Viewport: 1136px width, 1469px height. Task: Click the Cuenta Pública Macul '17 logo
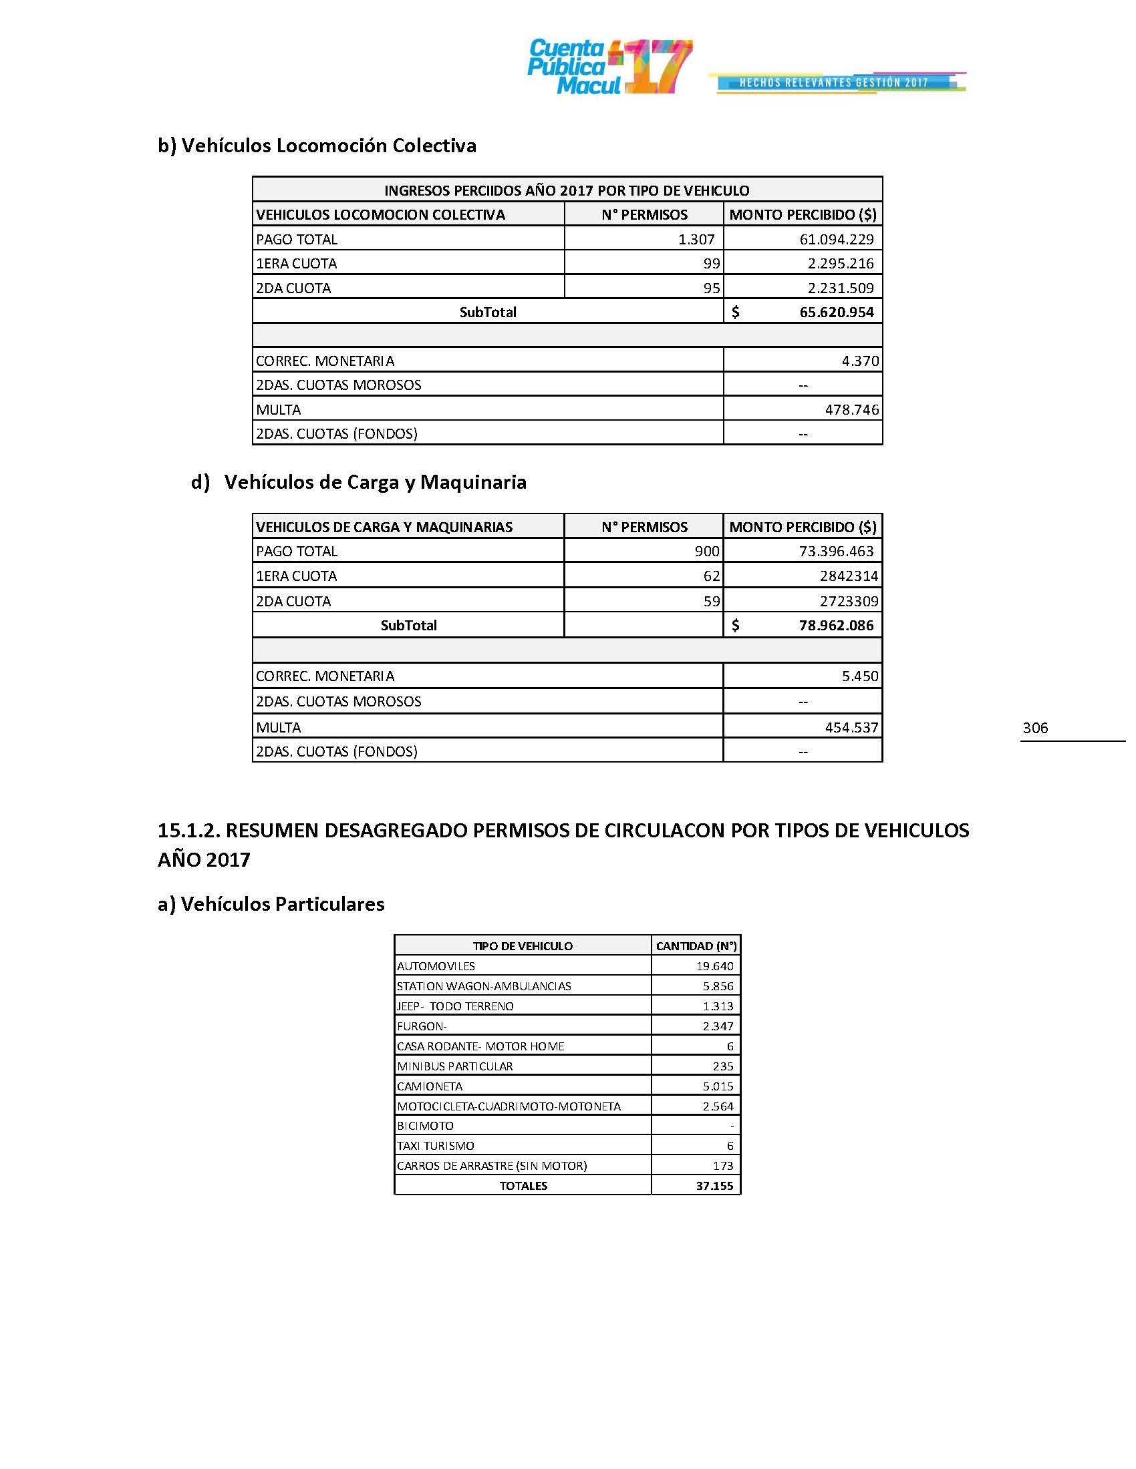pos(609,67)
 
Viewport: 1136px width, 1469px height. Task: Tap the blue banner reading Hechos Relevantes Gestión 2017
pos(834,83)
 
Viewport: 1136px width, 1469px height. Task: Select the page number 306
pos(1034,728)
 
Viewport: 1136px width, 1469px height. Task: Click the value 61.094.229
pos(836,240)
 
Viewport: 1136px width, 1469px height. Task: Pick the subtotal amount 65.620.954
pos(836,312)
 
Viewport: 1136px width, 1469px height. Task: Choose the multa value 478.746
pos(851,409)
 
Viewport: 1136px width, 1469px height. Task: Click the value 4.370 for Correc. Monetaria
pos(859,361)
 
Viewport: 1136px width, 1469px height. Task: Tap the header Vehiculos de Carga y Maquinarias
pos(384,528)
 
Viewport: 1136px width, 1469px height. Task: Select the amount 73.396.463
pos(836,552)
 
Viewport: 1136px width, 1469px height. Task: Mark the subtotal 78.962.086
pos(836,626)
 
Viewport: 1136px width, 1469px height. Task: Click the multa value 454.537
pos(851,728)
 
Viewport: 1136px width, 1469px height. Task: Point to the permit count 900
pos(706,552)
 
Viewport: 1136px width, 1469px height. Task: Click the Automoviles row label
pos(436,967)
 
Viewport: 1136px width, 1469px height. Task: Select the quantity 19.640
pos(715,967)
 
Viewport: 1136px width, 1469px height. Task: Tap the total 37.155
pos(715,1186)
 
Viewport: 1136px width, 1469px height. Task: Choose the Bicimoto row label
pos(425,1126)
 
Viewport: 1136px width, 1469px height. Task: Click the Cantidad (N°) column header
pos(696,946)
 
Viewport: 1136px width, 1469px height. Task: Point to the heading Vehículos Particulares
pos(271,904)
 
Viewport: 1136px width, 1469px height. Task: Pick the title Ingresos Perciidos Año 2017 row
pos(567,190)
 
